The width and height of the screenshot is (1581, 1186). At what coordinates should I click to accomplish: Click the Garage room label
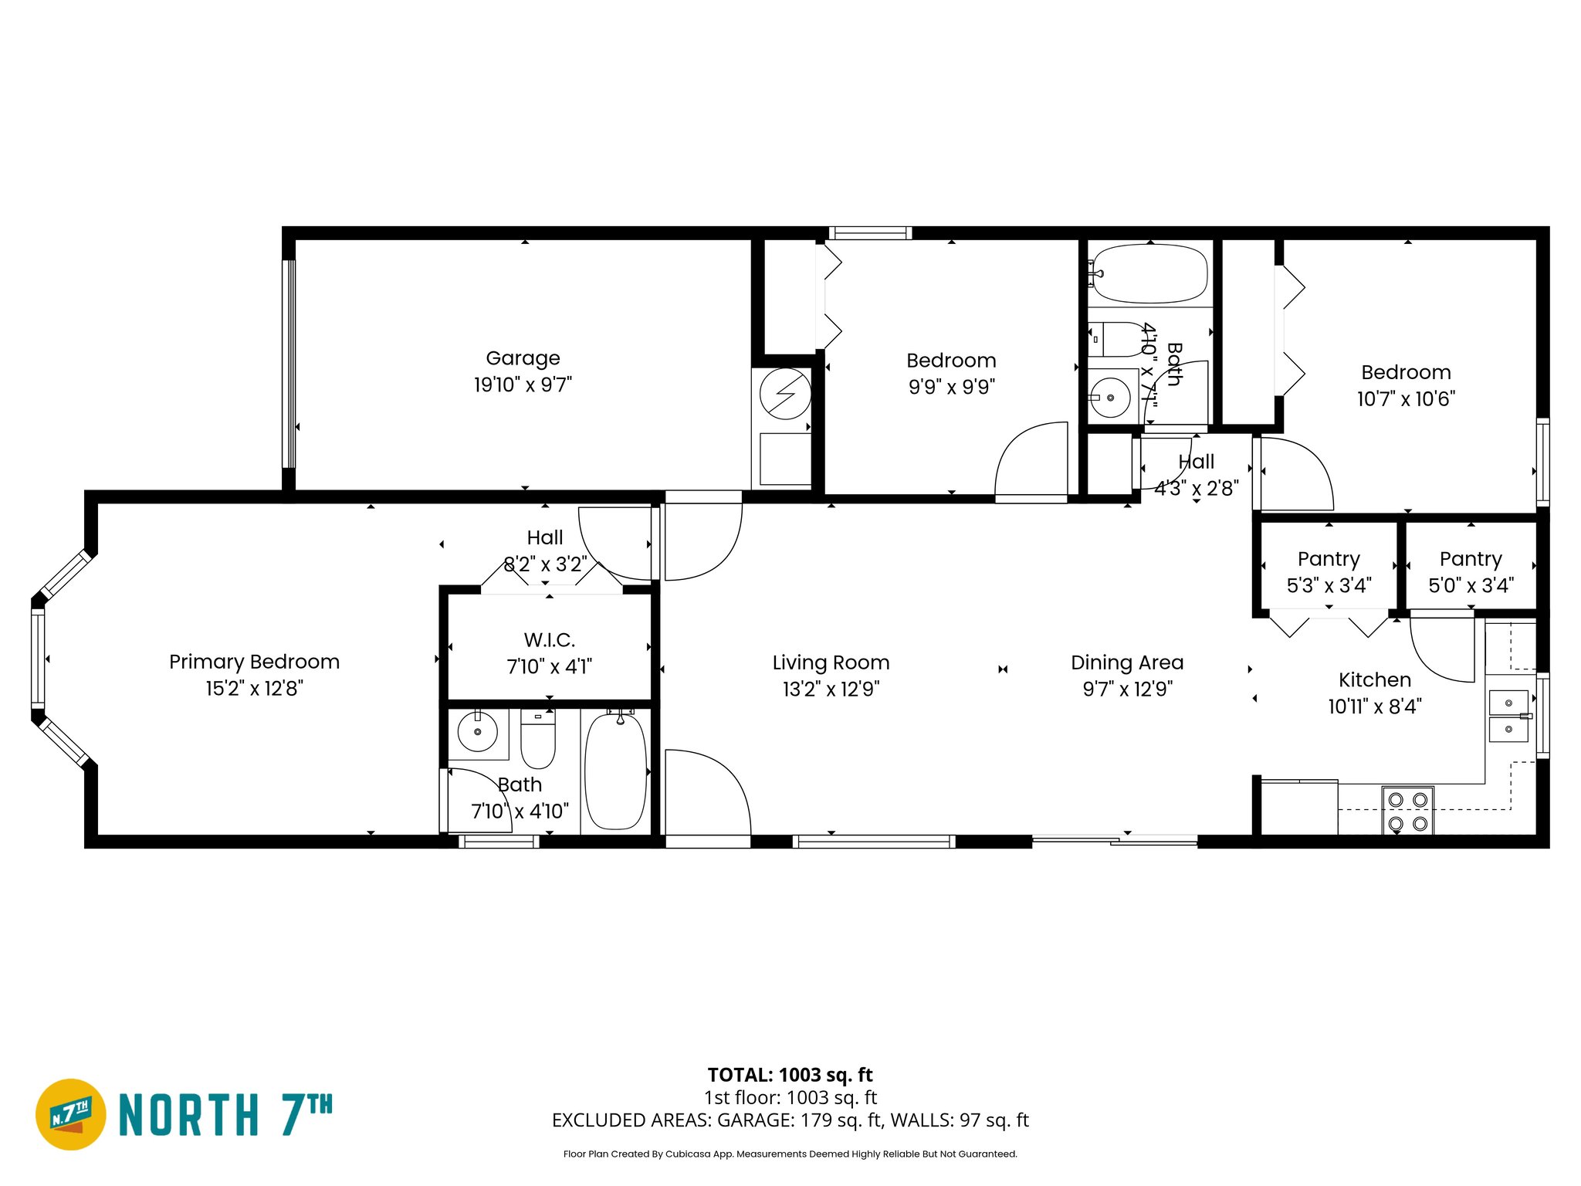pyautogui.click(x=523, y=358)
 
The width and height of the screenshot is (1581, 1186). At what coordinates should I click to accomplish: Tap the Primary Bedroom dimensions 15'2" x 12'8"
pyautogui.click(x=254, y=689)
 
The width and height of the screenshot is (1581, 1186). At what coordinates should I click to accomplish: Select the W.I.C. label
pyautogui.click(x=549, y=640)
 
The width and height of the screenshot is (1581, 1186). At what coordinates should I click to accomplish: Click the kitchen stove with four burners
pyautogui.click(x=1407, y=811)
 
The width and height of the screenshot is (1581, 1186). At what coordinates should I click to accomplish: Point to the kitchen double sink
pyautogui.click(x=1508, y=716)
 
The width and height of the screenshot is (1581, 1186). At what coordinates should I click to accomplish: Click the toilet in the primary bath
pyautogui.click(x=538, y=739)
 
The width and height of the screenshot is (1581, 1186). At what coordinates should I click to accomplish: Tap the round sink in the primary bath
pyautogui.click(x=478, y=731)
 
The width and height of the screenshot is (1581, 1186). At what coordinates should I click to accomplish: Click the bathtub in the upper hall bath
pyautogui.click(x=1149, y=274)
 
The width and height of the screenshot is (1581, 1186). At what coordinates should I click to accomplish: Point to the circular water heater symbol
pyautogui.click(x=785, y=394)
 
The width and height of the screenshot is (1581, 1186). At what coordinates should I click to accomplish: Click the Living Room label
pyautogui.click(x=831, y=662)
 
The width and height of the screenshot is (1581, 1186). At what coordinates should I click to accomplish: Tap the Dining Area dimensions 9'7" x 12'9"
pyautogui.click(x=1127, y=689)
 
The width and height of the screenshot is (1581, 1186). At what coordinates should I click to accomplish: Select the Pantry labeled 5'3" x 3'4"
pyautogui.click(x=1328, y=571)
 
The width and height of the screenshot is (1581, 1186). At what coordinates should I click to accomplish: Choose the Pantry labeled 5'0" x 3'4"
pyautogui.click(x=1471, y=571)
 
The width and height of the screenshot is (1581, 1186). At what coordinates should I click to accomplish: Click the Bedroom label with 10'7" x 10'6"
pyautogui.click(x=1406, y=373)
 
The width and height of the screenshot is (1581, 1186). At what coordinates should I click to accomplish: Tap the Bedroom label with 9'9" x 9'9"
pyautogui.click(x=951, y=361)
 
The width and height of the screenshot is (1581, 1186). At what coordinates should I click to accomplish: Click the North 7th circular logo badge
pyautogui.click(x=71, y=1114)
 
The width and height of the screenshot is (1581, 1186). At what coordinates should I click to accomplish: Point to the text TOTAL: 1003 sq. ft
pyautogui.click(x=790, y=1075)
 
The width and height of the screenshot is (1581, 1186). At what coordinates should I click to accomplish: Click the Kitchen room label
pyautogui.click(x=1374, y=680)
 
